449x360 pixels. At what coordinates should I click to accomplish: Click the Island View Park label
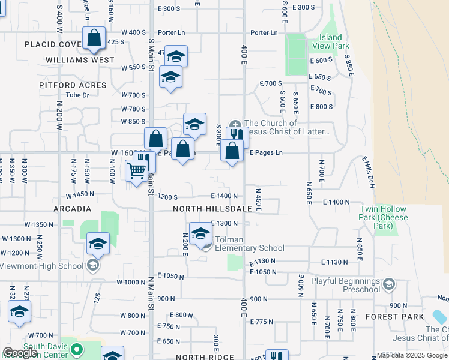coord(331,41)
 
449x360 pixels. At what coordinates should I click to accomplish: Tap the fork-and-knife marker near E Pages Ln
coord(237,136)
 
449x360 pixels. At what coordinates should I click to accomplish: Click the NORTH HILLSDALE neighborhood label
coord(212,208)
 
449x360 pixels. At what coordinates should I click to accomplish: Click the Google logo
coord(20,353)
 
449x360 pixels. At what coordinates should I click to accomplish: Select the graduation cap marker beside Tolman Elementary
coord(200,234)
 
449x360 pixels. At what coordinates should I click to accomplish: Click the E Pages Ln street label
coord(265,153)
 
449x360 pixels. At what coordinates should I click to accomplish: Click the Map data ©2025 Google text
coord(412,355)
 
